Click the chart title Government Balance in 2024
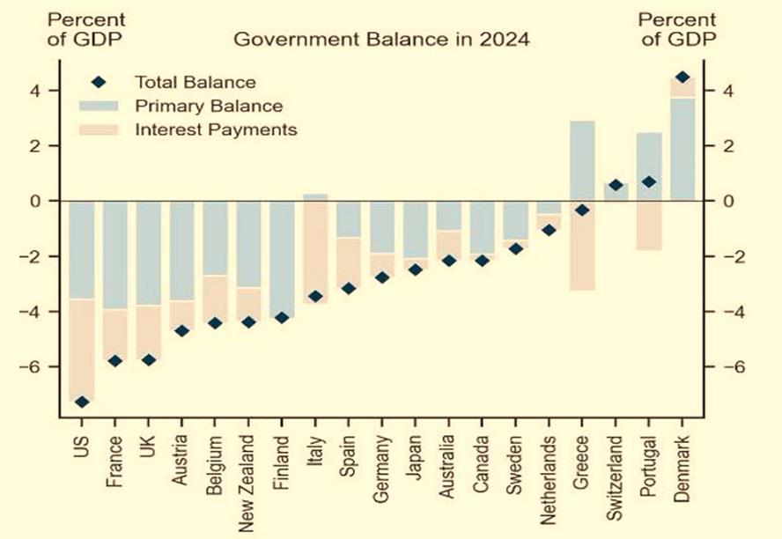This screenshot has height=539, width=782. pyautogui.click(x=381, y=40)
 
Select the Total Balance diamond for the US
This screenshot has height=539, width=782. pyautogui.click(x=81, y=402)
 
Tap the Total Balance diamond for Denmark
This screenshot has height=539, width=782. pyautogui.click(x=682, y=78)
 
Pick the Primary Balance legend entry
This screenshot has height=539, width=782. pyautogui.click(x=208, y=107)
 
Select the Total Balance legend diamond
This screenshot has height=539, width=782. pyautogui.click(x=99, y=82)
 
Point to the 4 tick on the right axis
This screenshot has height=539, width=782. pyautogui.click(x=730, y=91)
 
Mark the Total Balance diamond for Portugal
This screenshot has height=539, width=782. pyautogui.click(x=648, y=182)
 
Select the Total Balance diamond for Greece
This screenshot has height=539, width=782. pyautogui.click(x=581, y=210)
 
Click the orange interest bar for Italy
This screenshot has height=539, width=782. pyautogui.click(x=315, y=255)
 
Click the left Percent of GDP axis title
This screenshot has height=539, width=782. pyautogui.click(x=85, y=28)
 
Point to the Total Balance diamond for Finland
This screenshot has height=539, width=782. pyautogui.click(x=282, y=317)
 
